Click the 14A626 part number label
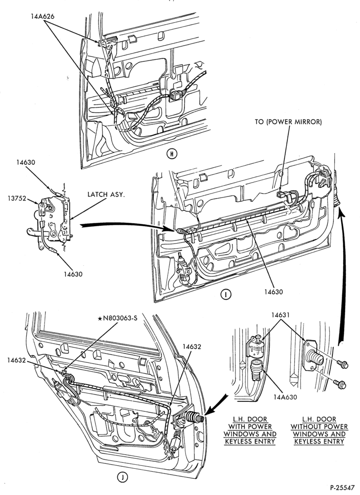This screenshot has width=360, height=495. pyautogui.click(x=43, y=16)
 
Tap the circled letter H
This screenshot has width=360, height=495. pyautogui.click(x=172, y=154)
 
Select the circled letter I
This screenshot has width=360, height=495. pyautogui.click(x=225, y=294)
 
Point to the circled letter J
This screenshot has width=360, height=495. pyautogui.click(x=123, y=477)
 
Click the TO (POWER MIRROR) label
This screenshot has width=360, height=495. pyautogui.click(x=288, y=122)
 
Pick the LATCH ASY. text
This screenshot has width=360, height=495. pyautogui.click(x=106, y=195)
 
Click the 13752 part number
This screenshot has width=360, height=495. pyautogui.click(x=16, y=198)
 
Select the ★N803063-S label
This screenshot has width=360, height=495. pyautogui.click(x=118, y=318)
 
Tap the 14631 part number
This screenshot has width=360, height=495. pyautogui.click(x=281, y=315)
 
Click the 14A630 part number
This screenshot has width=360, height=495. pyautogui.click(x=285, y=397)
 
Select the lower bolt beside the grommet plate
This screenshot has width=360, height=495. pyautogui.click(x=341, y=385)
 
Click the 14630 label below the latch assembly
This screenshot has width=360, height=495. pyautogui.click(x=73, y=274)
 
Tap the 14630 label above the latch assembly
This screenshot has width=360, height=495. pyautogui.click(x=26, y=162)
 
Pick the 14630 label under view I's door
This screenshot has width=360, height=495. pyautogui.click(x=273, y=292)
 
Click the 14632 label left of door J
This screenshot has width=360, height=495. pyautogui.click(x=17, y=360)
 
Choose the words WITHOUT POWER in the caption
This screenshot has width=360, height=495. pyautogui.click(x=319, y=427)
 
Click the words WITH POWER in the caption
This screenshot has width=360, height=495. pyautogui.click(x=250, y=427)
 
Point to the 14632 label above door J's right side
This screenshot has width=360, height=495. pyautogui.click(x=192, y=346)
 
